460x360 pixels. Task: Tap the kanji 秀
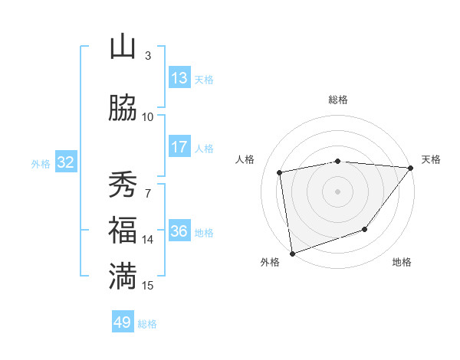coord(123,184)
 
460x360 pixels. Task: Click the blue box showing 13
coord(179,78)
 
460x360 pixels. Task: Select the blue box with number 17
coord(179,147)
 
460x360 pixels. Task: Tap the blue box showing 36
coord(179,231)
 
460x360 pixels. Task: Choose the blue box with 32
coord(65,162)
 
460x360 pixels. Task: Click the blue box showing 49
coord(123,322)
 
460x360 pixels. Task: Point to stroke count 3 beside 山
coord(147,55)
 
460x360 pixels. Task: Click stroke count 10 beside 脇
coord(148,116)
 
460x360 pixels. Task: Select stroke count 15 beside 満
coord(148,285)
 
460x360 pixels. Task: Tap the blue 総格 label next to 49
coord(147,324)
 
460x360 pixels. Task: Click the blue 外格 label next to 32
coord(41,164)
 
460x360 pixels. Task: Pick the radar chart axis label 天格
coord(431,159)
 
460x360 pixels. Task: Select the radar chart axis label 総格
coord(338,100)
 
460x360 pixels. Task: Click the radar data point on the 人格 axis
coord(280,172)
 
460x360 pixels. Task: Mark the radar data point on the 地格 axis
coord(365,229)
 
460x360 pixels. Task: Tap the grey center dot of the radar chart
coord(337,191)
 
